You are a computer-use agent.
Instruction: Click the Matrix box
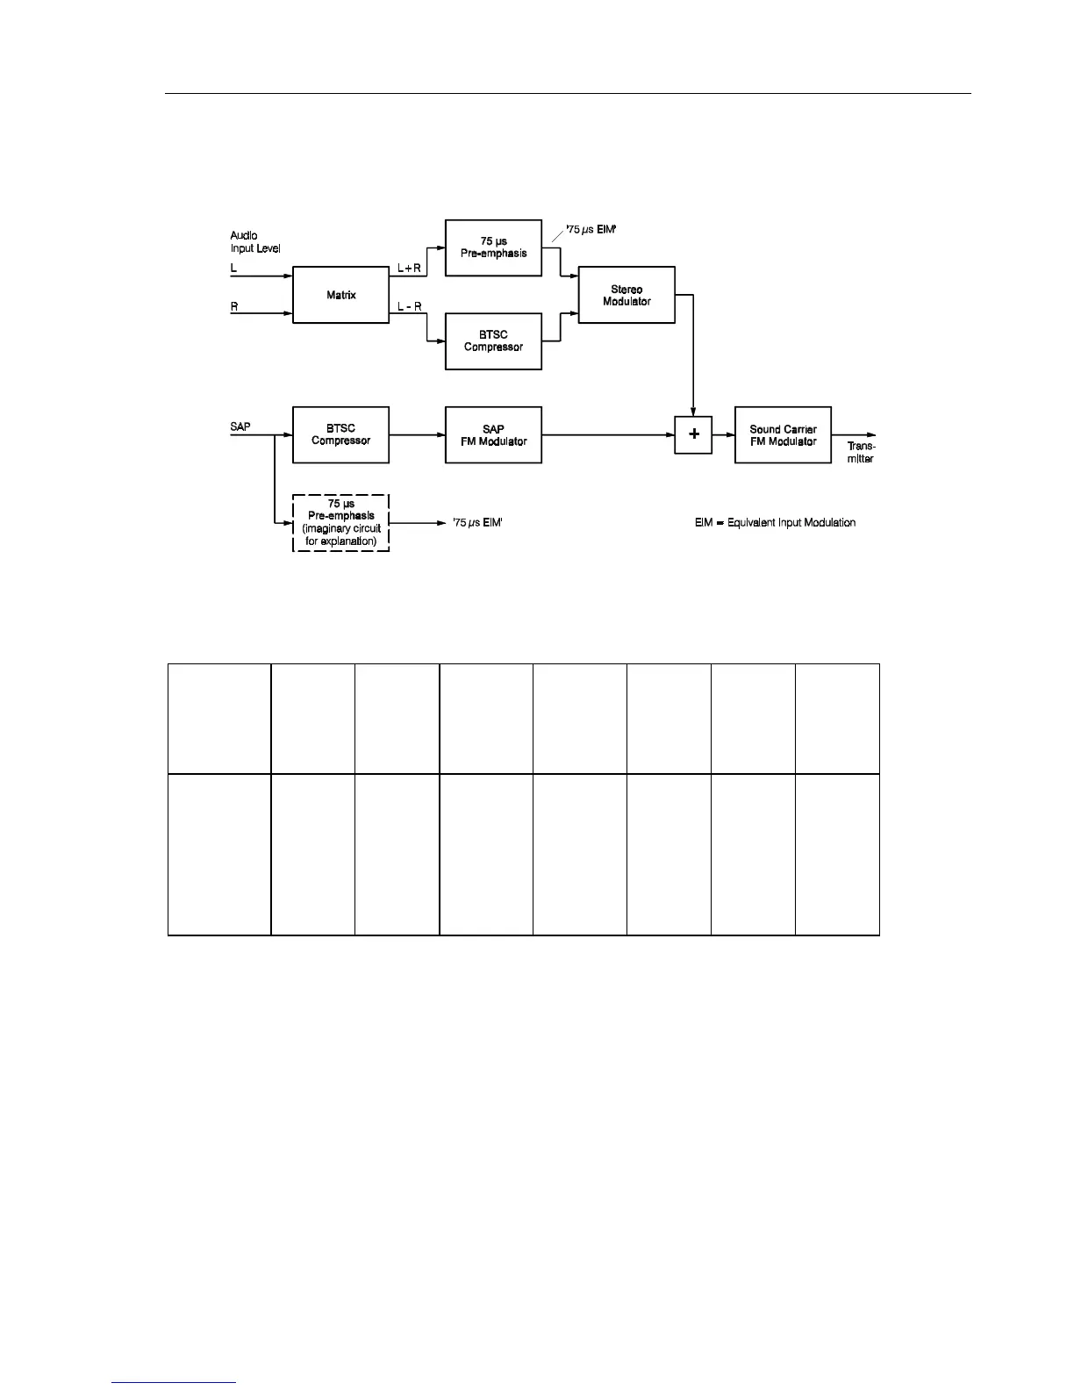coord(340,295)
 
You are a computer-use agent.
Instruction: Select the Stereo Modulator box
coord(626,295)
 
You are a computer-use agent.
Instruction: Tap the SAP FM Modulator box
coord(493,435)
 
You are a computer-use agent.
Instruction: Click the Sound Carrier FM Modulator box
coord(783,435)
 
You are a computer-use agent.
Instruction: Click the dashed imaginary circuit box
coord(340,523)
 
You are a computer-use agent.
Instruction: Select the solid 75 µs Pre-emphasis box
coord(493,247)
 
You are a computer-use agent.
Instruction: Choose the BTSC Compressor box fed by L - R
coord(493,341)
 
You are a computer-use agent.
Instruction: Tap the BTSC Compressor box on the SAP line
coord(340,435)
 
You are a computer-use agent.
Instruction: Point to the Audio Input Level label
coord(254,242)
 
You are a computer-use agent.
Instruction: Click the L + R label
coord(410,268)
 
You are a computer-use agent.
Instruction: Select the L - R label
coord(410,306)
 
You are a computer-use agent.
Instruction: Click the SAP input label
coord(240,427)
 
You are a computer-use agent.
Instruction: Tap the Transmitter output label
coord(861,453)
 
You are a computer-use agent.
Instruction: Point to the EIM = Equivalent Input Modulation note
coord(775,523)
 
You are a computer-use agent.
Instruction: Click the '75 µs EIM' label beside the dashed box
coord(476,523)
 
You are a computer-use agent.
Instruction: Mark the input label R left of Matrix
coord(234,306)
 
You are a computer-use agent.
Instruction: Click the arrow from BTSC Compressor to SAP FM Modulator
coord(417,435)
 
